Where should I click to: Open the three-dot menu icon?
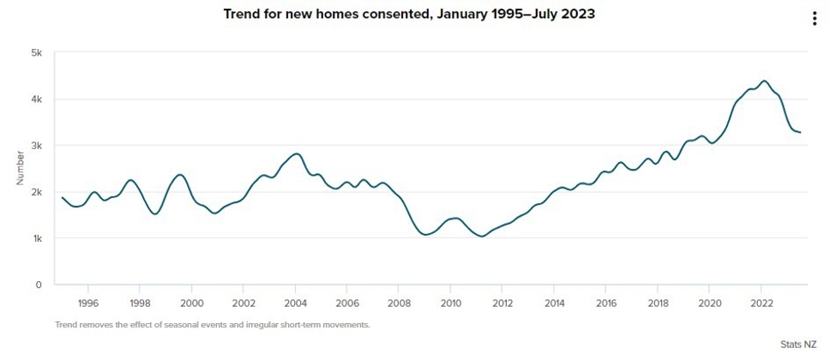815,20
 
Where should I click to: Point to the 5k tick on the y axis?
37,53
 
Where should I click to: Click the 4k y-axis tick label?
37,99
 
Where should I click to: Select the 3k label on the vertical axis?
37,146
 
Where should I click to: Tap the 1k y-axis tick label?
37,238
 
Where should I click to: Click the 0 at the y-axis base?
39,285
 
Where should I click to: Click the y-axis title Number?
20,169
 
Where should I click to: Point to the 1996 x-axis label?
88,303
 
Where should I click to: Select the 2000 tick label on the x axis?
192,303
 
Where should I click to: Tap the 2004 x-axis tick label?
296,303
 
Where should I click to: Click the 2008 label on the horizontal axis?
399,303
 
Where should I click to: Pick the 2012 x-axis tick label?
502,303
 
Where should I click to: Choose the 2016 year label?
606,303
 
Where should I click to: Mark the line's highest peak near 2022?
764,81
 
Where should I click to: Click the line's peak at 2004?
296,153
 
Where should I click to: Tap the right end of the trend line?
801,132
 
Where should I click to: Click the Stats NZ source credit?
798,344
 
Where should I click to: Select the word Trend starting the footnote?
66,325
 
